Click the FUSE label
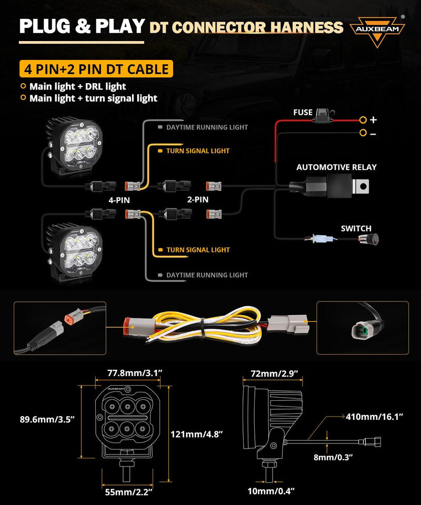(303, 113)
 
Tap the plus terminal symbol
(373, 120)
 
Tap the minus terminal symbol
(373, 134)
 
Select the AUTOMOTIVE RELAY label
(336, 168)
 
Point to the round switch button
(372, 240)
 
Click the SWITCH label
(356, 228)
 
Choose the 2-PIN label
(198, 200)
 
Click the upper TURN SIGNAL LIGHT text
(198, 151)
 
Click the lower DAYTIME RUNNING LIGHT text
(207, 275)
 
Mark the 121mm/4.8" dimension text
(196, 435)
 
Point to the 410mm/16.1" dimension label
(375, 417)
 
